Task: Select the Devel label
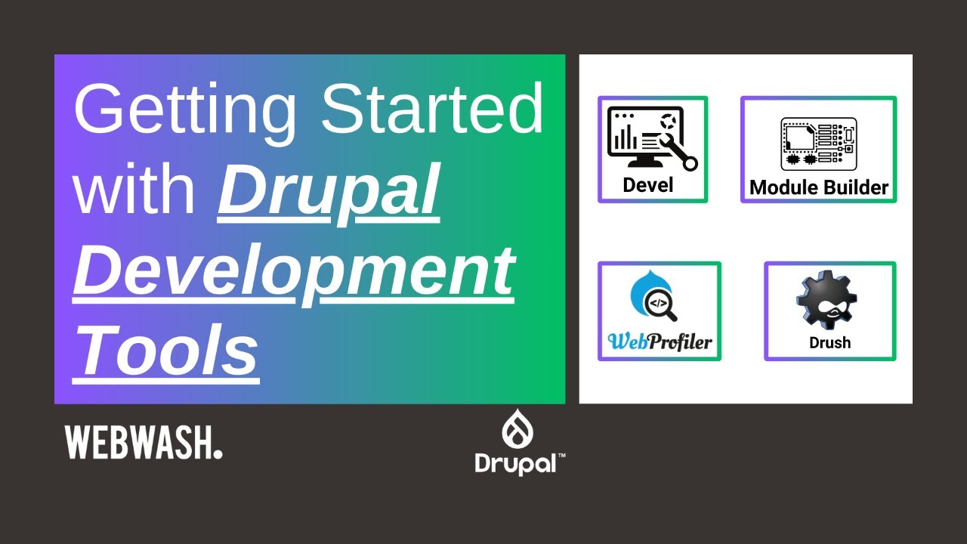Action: click(648, 185)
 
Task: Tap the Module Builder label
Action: click(819, 187)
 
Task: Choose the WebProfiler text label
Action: click(660, 342)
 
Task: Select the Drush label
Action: click(830, 342)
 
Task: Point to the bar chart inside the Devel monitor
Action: click(625, 138)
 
